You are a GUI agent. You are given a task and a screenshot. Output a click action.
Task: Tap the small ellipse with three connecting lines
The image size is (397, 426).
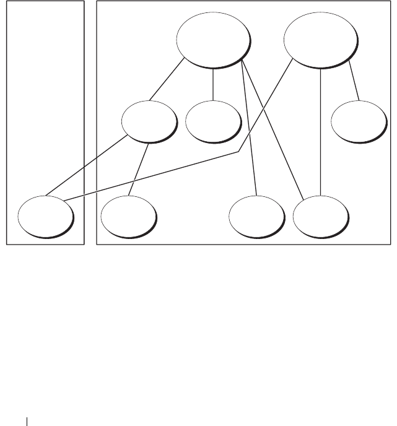149,121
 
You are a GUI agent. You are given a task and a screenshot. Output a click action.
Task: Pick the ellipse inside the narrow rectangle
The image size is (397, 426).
45,216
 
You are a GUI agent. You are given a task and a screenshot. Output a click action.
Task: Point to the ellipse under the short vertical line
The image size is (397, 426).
213,121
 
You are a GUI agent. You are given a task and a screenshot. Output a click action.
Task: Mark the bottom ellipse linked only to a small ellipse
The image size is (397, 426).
128,216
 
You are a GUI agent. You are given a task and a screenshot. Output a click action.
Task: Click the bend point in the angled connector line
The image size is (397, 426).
239,152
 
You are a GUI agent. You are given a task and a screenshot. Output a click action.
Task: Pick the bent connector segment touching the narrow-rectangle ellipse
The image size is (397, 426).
155,175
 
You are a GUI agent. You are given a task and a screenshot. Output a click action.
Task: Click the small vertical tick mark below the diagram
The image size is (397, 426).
27,421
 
